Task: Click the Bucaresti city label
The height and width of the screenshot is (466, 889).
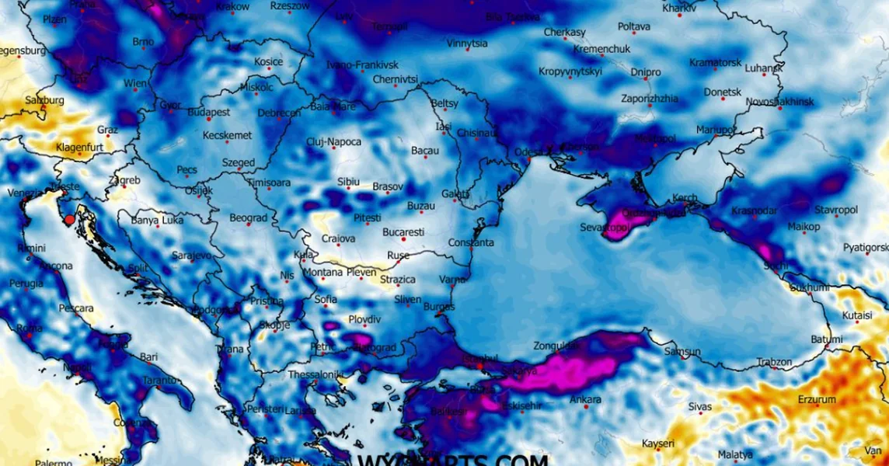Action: coord(403,232)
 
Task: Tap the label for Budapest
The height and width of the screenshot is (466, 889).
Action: coord(209,112)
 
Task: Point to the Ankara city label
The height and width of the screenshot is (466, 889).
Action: coord(585,400)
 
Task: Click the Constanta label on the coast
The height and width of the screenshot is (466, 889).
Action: coord(471,243)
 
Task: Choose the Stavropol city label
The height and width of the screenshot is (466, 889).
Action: coord(835,210)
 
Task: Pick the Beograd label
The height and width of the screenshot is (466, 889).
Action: coord(248,218)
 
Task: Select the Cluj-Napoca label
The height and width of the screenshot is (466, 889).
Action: coord(333,141)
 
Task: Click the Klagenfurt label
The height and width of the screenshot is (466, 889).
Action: coord(79,147)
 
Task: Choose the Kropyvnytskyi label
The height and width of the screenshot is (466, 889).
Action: coord(570,71)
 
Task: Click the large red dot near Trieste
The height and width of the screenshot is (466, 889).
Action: coord(69,220)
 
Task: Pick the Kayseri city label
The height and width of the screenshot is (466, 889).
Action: coord(659,443)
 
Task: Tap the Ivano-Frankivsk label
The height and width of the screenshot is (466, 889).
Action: coord(362,65)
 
